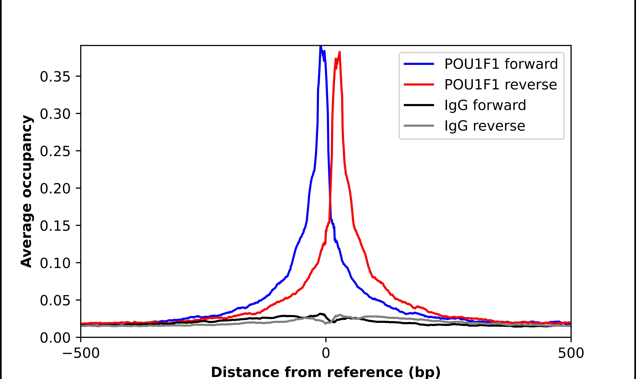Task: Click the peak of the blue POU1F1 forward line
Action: [320, 47]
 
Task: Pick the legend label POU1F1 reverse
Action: [500, 85]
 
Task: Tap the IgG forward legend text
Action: [485, 105]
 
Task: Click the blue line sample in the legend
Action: [419, 64]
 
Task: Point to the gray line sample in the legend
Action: [419, 126]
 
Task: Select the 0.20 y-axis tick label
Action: [55, 189]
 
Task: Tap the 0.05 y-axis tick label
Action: [55, 301]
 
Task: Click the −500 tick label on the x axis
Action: [81, 354]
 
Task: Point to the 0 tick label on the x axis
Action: [326, 354]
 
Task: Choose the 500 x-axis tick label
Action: [571, 354]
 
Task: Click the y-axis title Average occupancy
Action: [27, 191]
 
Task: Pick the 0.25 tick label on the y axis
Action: [55, 151]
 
